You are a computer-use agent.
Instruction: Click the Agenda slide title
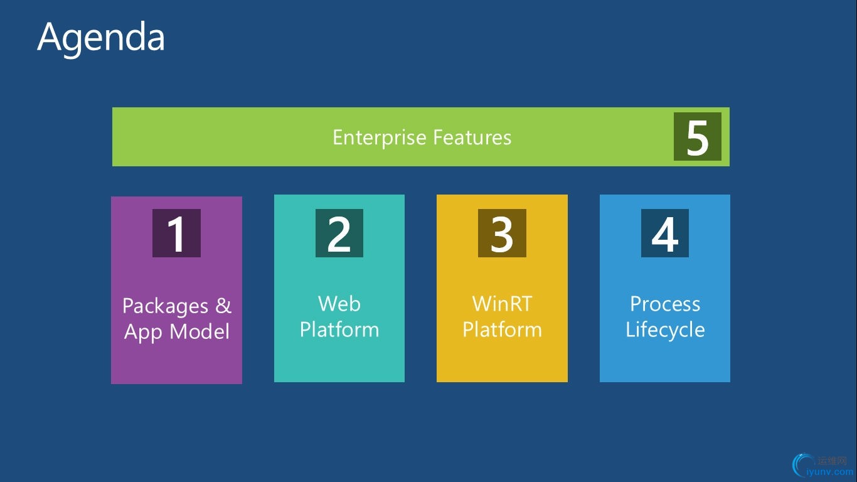(x=101, y=38)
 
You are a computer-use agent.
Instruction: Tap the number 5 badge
(x=698, y=137)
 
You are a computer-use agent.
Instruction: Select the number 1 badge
(x=176, y=233)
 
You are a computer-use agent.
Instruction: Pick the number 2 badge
(x=339, y=233)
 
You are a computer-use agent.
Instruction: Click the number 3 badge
(x=502, y=233)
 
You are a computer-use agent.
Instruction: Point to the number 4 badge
(x=665, y=233)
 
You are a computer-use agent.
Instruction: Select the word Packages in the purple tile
(x=165, y=307)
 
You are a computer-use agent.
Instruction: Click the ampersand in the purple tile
(x=223, y=306)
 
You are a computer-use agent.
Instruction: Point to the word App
(x=144, y=332)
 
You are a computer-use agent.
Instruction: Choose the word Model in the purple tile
(x=200, y=331)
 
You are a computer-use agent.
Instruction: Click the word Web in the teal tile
(x=339, y=304)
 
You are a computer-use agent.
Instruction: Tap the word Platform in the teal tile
(x=339, y=329)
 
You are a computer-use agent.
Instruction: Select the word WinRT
(x=502, y=304)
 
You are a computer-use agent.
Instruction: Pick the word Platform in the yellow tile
(x=502, y=329)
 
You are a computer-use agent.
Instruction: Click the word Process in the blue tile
(x=665, y=304)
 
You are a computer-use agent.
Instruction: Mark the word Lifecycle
(x=665, y=329)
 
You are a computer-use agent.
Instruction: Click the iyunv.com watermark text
(x=829, y=472)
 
